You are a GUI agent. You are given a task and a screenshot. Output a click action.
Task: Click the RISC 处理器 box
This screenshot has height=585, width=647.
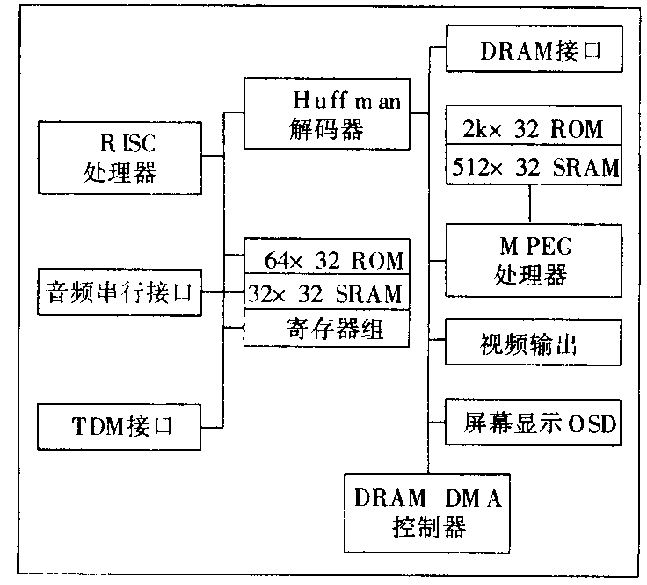pos(121,158)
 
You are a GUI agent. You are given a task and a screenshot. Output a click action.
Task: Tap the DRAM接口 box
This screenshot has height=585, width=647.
pos(534,51)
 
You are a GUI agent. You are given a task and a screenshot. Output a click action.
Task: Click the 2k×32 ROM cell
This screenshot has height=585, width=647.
pos(534,129)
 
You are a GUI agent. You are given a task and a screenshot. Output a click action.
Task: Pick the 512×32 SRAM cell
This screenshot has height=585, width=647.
pos(534,167)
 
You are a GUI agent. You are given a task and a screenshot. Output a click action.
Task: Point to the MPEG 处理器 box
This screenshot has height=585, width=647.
pos(534,260)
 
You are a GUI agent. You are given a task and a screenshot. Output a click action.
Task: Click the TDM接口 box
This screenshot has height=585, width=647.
pos(121,427)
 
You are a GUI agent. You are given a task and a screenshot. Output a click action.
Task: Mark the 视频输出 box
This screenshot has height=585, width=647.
pos(534,343)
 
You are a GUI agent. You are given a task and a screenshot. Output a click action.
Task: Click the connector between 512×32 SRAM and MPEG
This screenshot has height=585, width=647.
pos(531,204)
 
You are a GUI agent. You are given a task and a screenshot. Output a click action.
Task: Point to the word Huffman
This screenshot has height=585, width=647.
pos(346,100)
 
